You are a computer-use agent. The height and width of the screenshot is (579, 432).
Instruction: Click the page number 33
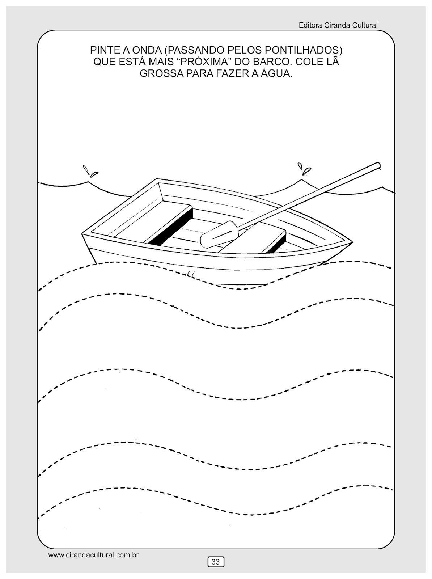pos(216,562)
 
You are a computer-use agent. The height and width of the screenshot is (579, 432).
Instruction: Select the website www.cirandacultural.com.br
pos(94,554)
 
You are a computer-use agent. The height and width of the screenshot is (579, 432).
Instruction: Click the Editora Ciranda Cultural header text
pos(338,25)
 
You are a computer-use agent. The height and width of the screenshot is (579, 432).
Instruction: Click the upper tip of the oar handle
pos(377,165)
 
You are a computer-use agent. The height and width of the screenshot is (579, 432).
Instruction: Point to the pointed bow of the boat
pos(350,242)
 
